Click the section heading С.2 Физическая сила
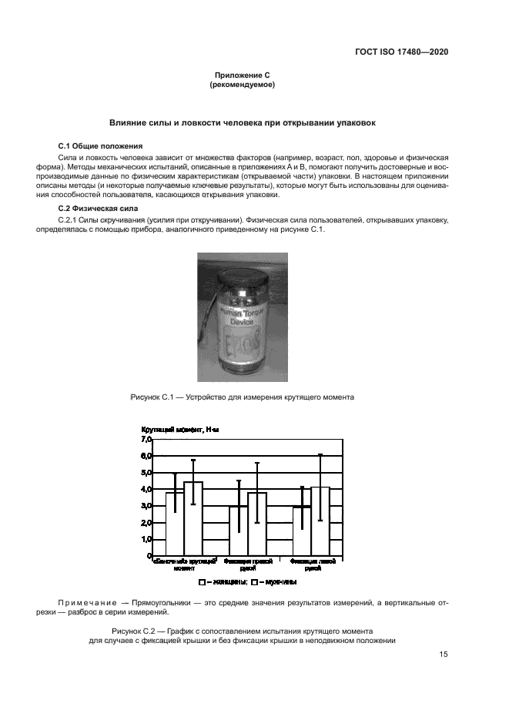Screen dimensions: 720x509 99,209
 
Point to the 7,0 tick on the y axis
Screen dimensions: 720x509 146,439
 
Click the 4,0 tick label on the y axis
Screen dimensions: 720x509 146,489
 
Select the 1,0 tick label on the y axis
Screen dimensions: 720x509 146,539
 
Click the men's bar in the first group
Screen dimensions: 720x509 193,518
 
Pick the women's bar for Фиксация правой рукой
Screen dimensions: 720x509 239,531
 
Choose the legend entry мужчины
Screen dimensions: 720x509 276,583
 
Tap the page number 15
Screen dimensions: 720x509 444,655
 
